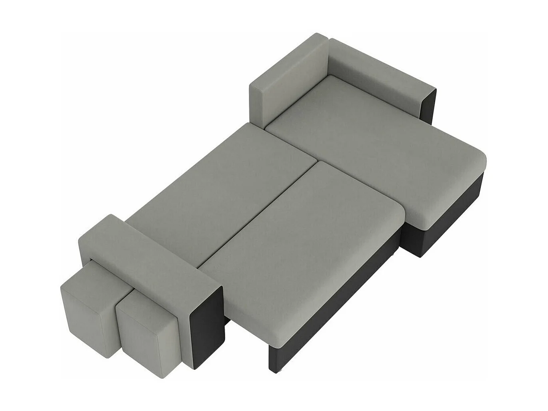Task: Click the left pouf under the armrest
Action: pos(86,308)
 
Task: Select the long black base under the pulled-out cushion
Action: pos(340,304)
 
